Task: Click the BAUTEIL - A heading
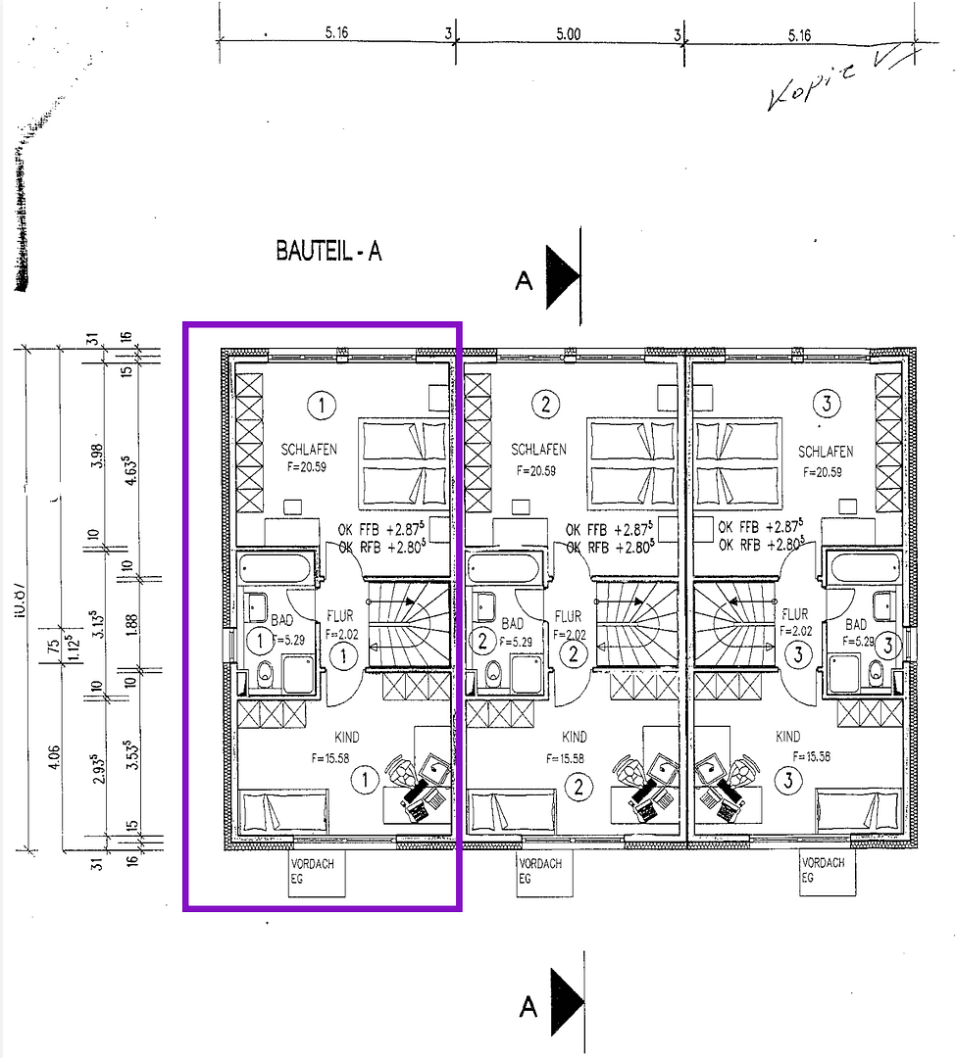pos(328,252)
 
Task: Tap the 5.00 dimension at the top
pos(568,33)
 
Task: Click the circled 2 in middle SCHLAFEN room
pos(546,403)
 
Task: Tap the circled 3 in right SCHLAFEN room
pos(827,403)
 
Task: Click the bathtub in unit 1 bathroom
pos(276,568)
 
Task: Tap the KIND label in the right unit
pos(787,737)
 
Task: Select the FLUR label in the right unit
pos(795,615)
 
